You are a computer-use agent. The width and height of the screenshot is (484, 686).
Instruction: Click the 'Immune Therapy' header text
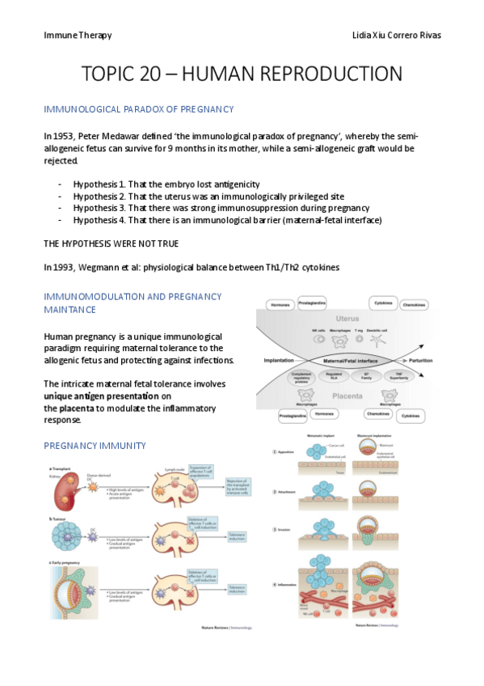tap(78, 36)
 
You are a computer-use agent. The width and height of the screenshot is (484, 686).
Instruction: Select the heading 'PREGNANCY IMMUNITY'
tap(95, 445)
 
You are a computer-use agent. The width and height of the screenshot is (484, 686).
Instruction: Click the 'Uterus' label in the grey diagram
tap(349, 319)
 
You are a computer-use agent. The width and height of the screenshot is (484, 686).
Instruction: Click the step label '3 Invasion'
tap(286, 530)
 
